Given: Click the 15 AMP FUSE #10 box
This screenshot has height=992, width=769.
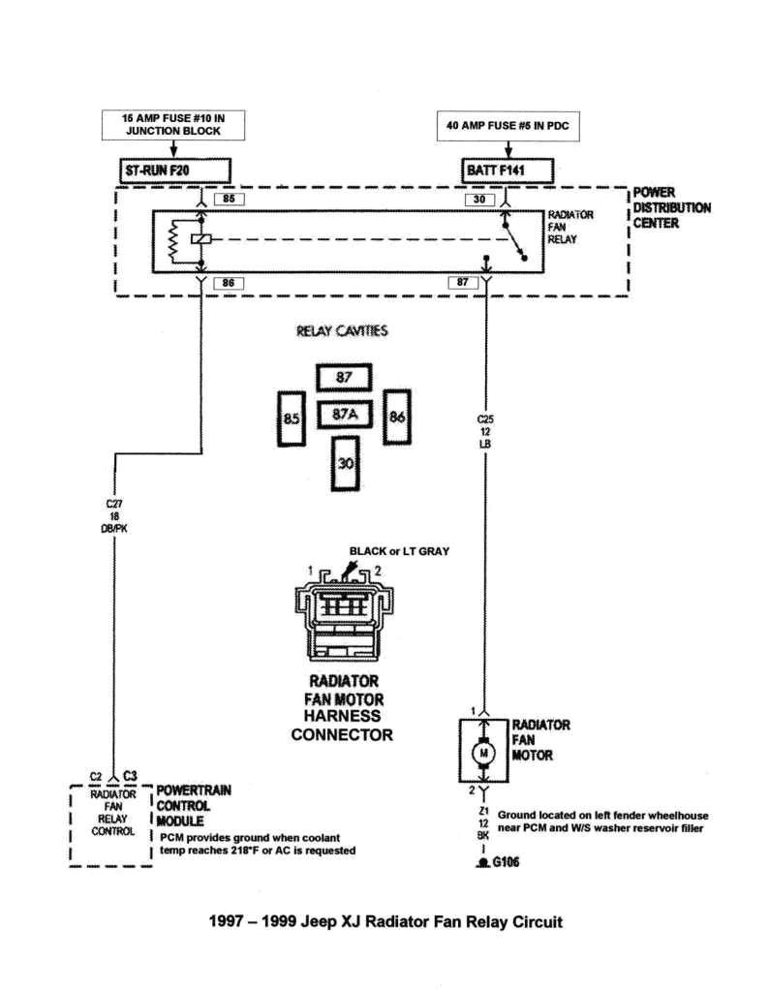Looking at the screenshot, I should [x=172, y=124].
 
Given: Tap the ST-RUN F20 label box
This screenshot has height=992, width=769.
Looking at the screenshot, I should [x=172, y=170].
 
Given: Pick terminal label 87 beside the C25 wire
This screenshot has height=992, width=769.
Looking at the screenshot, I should [x=463, y=282].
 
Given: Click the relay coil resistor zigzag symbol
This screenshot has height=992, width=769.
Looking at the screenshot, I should [x=172, y=240].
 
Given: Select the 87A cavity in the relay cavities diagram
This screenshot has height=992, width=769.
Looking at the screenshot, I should [x=345, y=416].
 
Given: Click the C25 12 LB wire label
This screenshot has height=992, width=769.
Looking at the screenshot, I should [x=484, y=431].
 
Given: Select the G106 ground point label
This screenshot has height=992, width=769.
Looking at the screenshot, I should [x=503, y=862].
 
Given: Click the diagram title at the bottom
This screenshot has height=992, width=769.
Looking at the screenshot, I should [x=385, y=921].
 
